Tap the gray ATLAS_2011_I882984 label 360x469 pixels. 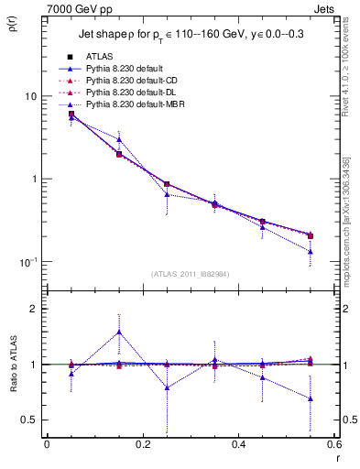[x=190, y=274]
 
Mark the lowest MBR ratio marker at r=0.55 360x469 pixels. [x=311, y=398]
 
